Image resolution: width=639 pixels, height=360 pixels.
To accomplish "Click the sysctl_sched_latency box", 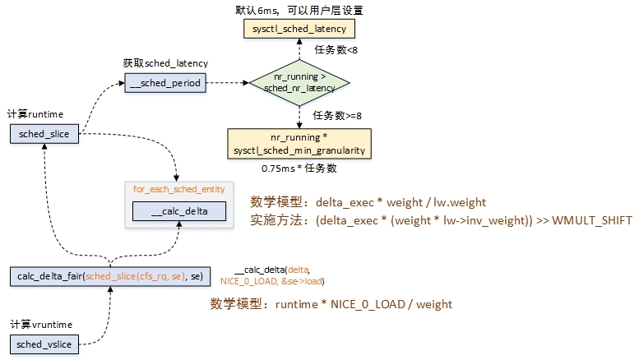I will pyautogui.click(x=299, y=29).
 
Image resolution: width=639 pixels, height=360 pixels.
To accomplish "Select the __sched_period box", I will pyautogui.click(x=164, y=82).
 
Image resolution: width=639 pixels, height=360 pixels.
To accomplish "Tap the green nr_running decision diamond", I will pyautogui.click(x=299, y=82).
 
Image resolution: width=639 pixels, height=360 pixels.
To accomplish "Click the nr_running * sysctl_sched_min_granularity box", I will pyautogui.click(x=299, y=142).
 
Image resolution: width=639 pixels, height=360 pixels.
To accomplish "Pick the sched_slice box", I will pyautogui.click(x=44, y=133).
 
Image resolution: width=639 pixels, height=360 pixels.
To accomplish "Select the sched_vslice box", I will pyautogui.click(x=44, y=344).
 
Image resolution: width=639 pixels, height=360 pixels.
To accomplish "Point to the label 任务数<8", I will pyautogui.click(x=336, y=50).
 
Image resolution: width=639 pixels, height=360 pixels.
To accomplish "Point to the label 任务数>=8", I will pyautogui.click(x=336, y=114).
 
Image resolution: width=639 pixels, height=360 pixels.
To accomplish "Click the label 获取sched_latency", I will pyautogui.click(x=165, y=63).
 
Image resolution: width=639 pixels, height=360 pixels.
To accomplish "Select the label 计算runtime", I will pyautogui.click(x=35, y=113).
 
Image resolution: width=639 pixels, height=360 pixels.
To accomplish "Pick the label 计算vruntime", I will pyautogui.click(x=38, y=324).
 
